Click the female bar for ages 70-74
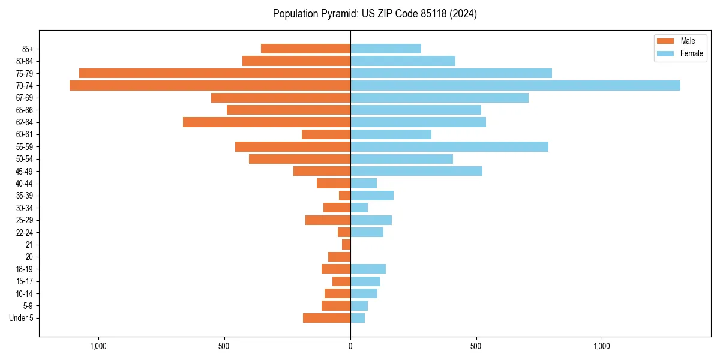pyautogui.click(x=515, y=85)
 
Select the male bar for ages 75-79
pyautogui.click(x=215, y=73)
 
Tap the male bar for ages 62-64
pyautogui.click(x=266, y=122)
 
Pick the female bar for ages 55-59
pyautogui.click(x=449, y=146)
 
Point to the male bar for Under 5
pyautogui.click(x=326, y=318)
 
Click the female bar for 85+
pyautogui.click(x=385, y=49)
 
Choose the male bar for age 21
pyautogui.click(x=346, y=245)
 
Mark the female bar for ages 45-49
pyautogui.click(x=416, y=171)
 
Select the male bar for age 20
pyautogui.click(x=339, y=257)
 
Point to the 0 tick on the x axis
pyautogui.click(x=350, y=346)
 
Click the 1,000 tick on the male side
pyautogui.click(x=98, y=346)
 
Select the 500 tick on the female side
pyautogui.click(x=476, y=346)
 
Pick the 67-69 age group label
pyautogui.click(x=25, y=98)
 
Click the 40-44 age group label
pyautogui.click(x=25, y=184)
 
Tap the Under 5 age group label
pyautogui.click(x=22, y=318)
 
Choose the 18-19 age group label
pyautogui.click(x=25, y=269)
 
